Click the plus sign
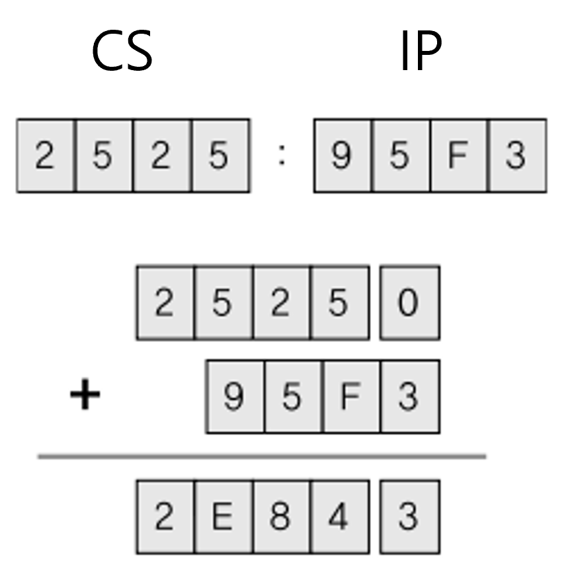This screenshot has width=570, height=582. pyautogui.click(x=85, y=395)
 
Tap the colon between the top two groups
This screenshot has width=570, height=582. pyautogui.click(x=282, y=155)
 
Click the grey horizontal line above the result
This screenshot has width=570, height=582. pyautogui.click(x=262, y=456)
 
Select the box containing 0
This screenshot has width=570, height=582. pyautogui.click(x=409, y=303)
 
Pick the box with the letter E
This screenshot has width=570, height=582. pyautogui.click(x=222, y=517)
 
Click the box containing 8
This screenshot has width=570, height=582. pyautogui.click(x=280, y=517)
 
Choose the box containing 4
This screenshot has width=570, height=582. pyautogui.click(x=338, y=517)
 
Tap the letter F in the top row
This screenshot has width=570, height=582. pyautogui.click(x=458, y=155)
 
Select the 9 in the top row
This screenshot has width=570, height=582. pyautogui.click(x=341, y=155)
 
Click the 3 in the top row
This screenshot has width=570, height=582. pyautogui.click(x=516, y=155)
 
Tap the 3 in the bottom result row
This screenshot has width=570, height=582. pyautogui.click(x=409, y=517)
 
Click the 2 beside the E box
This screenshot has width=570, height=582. pyautogui.click(x=165, y=517)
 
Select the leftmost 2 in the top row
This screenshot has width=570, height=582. pyautogui.click(x=45, y=155)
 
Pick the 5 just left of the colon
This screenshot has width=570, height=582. pyautogui.click(x=220, y=155)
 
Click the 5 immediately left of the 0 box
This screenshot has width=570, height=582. pyautogui.click(x=338, y=303)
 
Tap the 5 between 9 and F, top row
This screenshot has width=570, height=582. pyautogui.click(x=399, y=155)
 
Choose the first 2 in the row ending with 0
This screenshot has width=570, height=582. pyautogui.click(x=165, y=303)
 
